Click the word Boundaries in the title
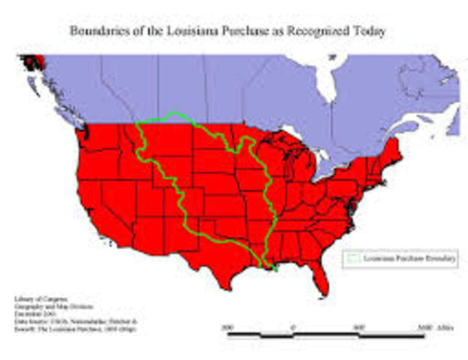pyautogui.click(x=97, y=32)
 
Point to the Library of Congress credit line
pyautogui.click(x=34, y=299)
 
